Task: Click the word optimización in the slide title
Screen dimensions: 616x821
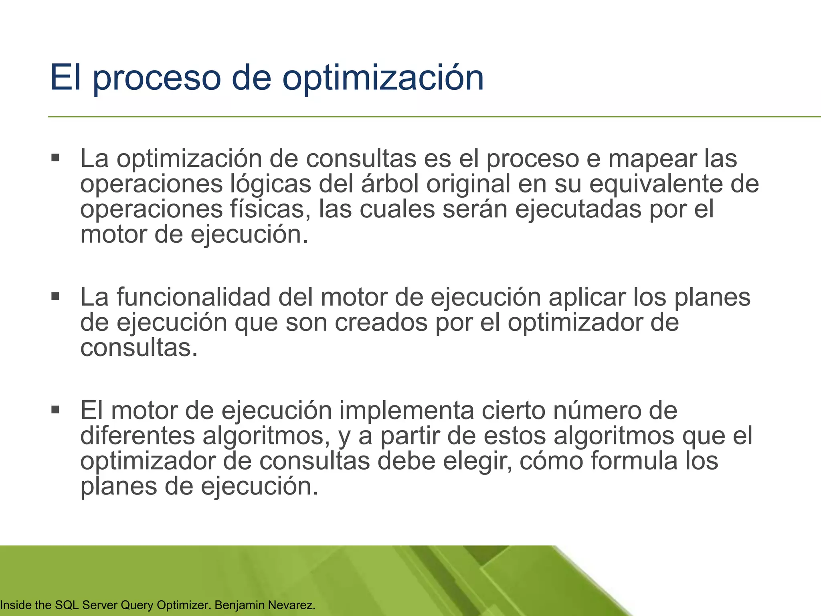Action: pyautogui.click(x=383, y=78)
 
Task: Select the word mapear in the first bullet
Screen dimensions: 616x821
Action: pyautogui.click(x=652, y=159)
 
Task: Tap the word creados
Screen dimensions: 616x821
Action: pyautogui.click(x=381, y=322)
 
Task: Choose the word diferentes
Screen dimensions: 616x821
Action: pyautogui.click(x=138, y=436)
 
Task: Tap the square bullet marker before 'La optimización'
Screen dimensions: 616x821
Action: pyautogui.click(x=55, y=157)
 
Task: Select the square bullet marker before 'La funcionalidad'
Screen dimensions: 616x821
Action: pyautogui.click(x=55, y=296)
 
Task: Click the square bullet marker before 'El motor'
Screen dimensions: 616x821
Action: pyautogui.click(x=55, y=410)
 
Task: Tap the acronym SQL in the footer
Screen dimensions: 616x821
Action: pyautogui.click(x=67, y=605)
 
